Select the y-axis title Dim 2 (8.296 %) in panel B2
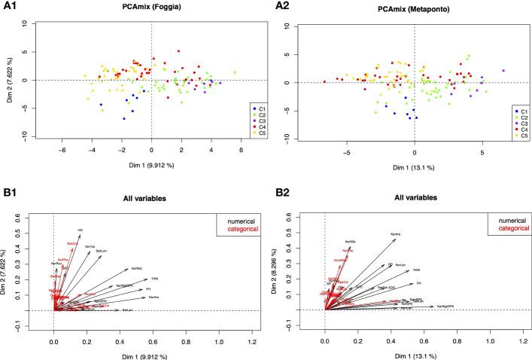[292, 270]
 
